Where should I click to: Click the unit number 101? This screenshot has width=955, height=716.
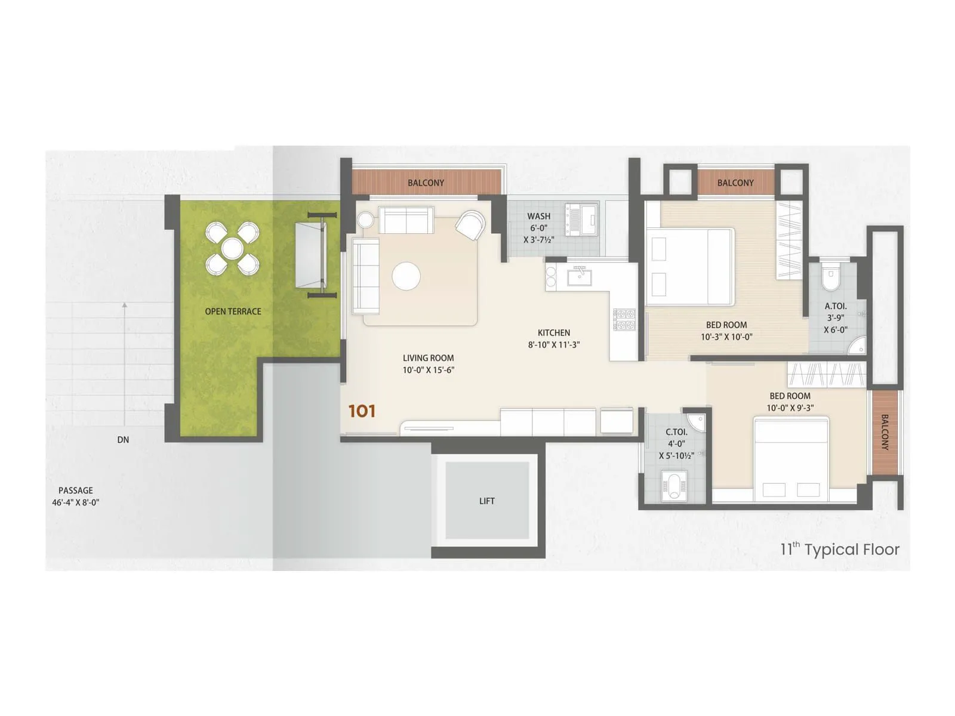[362, 411]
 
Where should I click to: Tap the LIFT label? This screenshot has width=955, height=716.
[487, 501]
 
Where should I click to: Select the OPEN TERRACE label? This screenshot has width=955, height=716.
[233, 311]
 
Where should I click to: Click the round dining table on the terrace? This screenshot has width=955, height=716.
[232, 248]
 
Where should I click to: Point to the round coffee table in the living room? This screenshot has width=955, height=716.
[406, 276]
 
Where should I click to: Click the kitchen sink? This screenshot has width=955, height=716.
[578, 276]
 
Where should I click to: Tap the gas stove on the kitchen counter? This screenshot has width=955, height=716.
[624, 319]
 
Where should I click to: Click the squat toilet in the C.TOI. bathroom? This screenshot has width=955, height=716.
[675, 484]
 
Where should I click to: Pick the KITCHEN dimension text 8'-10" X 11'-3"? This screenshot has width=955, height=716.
[554, 344]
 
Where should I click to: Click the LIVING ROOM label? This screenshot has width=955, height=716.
[428, 358]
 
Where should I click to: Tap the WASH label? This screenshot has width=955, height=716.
[538, 217]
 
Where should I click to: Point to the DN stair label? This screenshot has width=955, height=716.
[123, 440]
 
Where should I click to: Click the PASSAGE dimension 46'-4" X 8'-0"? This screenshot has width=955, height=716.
[76, 502]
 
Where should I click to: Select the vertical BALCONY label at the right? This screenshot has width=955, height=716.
[885, 433]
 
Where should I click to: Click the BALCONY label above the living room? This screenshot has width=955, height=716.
[426, 183]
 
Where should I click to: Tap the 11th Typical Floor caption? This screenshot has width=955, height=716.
[839, 550]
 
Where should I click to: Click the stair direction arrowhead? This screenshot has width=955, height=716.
[124, 305]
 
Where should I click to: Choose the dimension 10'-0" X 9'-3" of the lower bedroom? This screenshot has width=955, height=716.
[790, 408]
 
